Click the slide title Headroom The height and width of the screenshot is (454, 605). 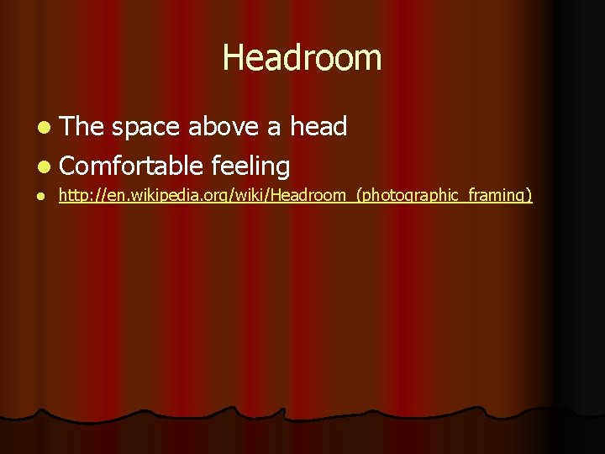(302, 58)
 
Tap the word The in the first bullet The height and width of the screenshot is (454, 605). (82, 127)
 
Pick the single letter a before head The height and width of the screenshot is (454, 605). (274, 128)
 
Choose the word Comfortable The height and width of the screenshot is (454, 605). (132, 166)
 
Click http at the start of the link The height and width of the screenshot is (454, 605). (72, 197)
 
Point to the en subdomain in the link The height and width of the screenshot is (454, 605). (108, 197)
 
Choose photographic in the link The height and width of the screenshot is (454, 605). (402, 197)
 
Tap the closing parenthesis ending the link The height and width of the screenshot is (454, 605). (529, 197)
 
